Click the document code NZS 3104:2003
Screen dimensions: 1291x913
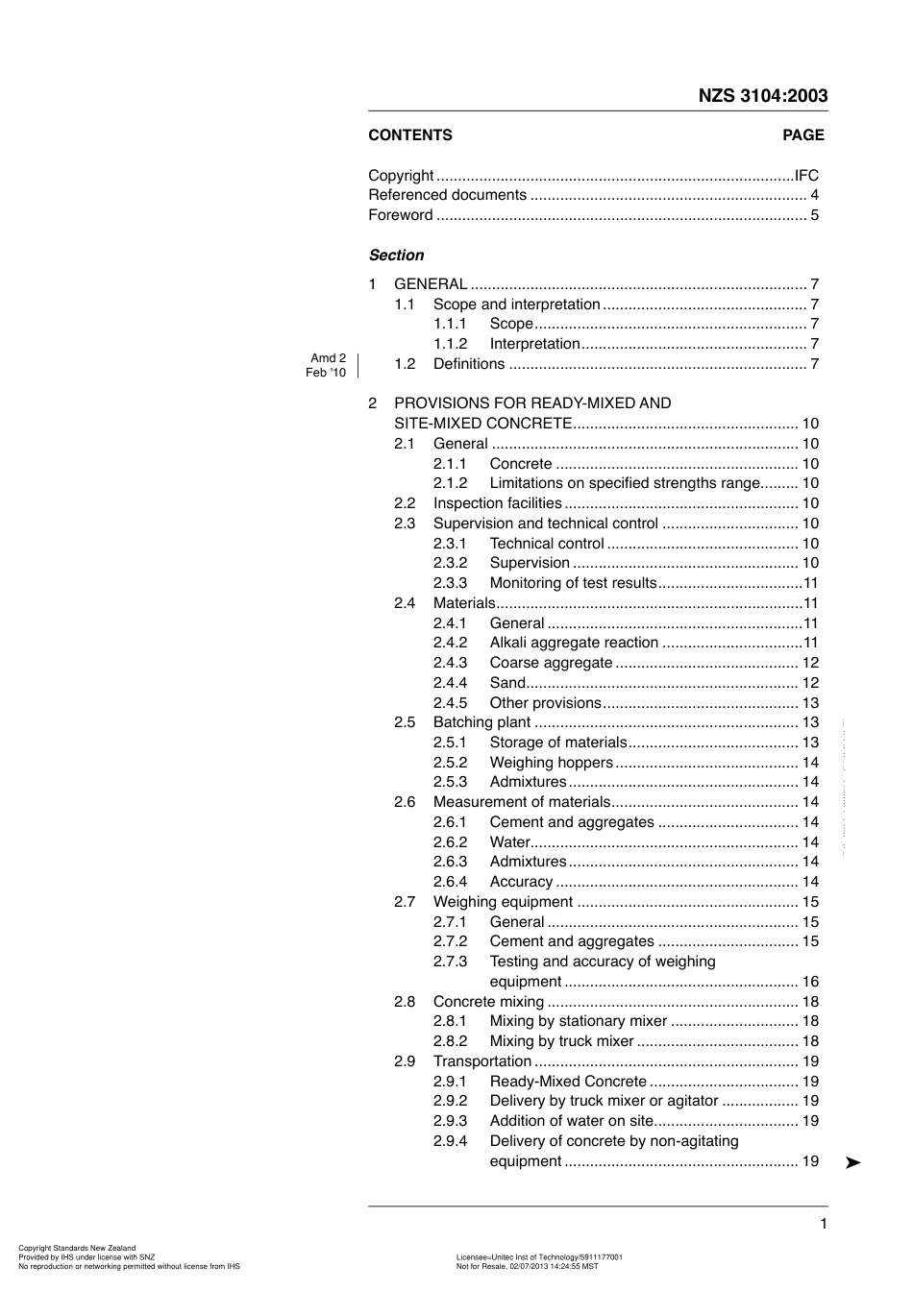click(x=762, y=95)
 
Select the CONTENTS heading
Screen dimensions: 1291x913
click(x=409, y=135)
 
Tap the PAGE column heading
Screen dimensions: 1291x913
click(x=802, y=135)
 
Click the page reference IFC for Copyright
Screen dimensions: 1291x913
click(x=806, y=176)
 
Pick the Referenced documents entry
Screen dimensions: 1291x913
click(x=447, y=195)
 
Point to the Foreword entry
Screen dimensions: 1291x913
click(x=401, y=215)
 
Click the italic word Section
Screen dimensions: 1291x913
click(x=396, y=256)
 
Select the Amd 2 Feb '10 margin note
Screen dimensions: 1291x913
click(x=327, y=365)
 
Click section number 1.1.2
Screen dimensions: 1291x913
click(x=450, y=344)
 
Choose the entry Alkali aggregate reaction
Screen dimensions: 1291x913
click(x=574, y=643)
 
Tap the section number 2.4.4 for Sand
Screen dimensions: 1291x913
click(x=450, y=683)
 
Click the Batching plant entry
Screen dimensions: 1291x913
click(x=481, y=722)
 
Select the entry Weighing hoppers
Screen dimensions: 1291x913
click(x=551, y=763)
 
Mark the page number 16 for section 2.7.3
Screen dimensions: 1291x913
click(x=810, y=982)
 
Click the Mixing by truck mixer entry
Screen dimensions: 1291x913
click(x=561, y=1041)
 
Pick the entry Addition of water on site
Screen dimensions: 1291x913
click(x=571, y=1121)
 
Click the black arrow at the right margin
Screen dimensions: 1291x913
click(x=852, y=1163)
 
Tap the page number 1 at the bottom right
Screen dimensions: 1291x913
click(x=824, y=1224)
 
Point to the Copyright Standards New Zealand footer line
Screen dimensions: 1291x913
click(x=77, y=1249)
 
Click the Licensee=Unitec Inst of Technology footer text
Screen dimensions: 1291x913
click(x=539, y=1256)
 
